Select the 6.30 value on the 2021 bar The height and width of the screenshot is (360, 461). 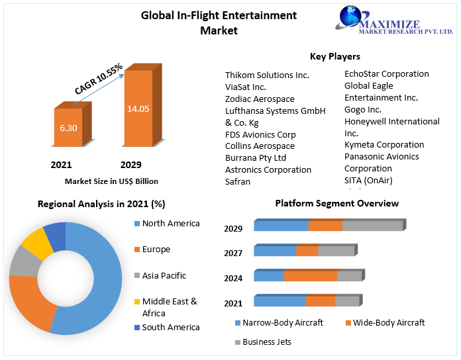click(x=68, y=127)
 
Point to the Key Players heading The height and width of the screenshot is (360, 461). click(x=335, y=56)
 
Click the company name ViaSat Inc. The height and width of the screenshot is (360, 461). click(x=246, y=87)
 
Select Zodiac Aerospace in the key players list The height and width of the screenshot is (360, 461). click(x=260, y=99)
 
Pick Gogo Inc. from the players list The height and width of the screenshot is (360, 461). click(x=363, y=109)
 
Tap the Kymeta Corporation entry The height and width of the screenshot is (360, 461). click(x=384, y=144)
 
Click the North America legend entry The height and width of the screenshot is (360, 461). click(x=170, y=224)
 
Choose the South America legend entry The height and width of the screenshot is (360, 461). click(x=170, y=327)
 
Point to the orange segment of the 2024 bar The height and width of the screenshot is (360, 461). click(x=311, y=276)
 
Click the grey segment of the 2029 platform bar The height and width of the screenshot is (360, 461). click(x=372, y=226)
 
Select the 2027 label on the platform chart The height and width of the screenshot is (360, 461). click(x=233, y=253)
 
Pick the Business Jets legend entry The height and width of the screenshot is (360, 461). click(x=266, y=341)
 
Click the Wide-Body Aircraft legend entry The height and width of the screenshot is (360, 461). click(x=389, y=322)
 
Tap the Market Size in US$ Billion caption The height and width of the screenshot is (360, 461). click(x=111, y=181)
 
